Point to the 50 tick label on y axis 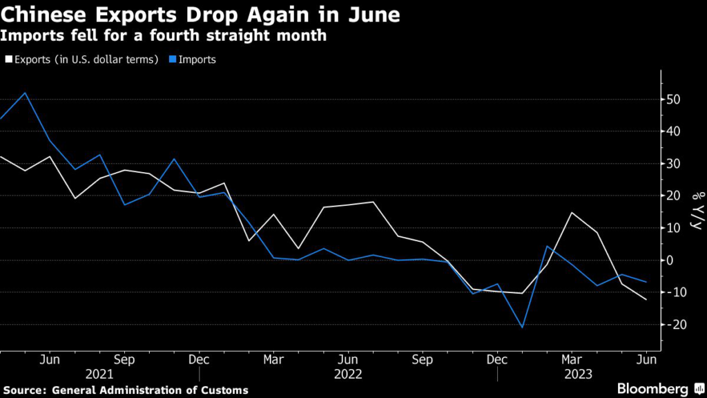(674, 99)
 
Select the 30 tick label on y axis (674, 164)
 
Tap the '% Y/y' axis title (693, 211)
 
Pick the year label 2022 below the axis (348, 375)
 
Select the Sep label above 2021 (124, 360)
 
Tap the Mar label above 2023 (570, 360)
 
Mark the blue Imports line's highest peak (25, 93)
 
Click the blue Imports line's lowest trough (522, 328)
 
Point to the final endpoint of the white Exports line (646, 300)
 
